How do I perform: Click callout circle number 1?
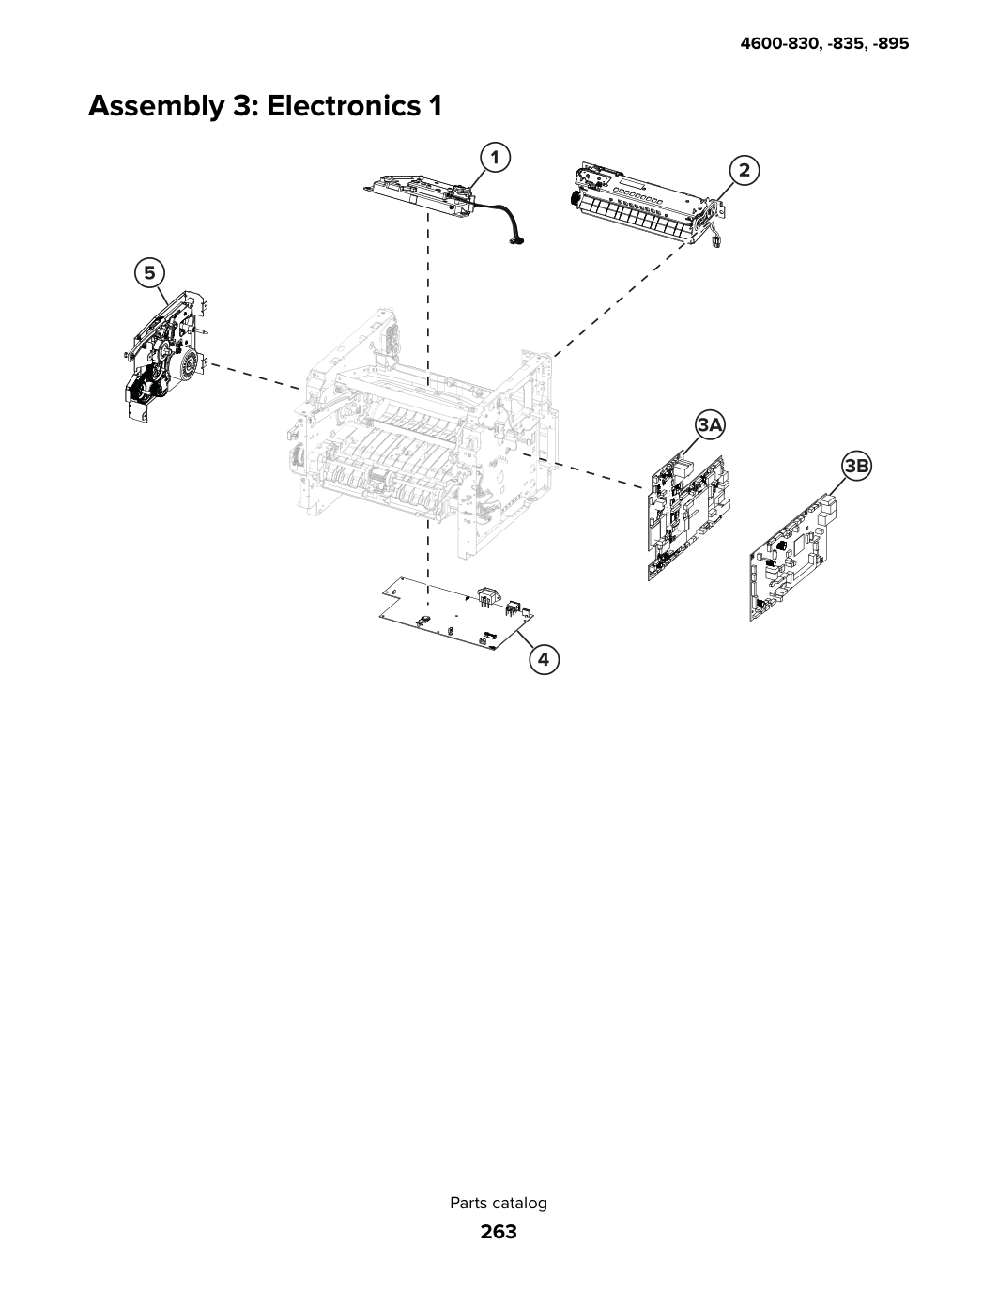494,158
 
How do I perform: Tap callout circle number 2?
745,171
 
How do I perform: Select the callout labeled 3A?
710,425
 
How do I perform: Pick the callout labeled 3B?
856,467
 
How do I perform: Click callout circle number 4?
544,659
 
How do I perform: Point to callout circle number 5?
149,273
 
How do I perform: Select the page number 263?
499,1232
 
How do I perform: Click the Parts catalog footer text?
499,1203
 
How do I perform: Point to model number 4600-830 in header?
781,43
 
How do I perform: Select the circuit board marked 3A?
688,518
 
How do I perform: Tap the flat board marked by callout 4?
457,614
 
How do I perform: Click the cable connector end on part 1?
518,240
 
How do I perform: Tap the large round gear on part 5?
190,366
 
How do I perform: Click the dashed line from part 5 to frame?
254,377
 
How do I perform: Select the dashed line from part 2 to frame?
621,300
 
